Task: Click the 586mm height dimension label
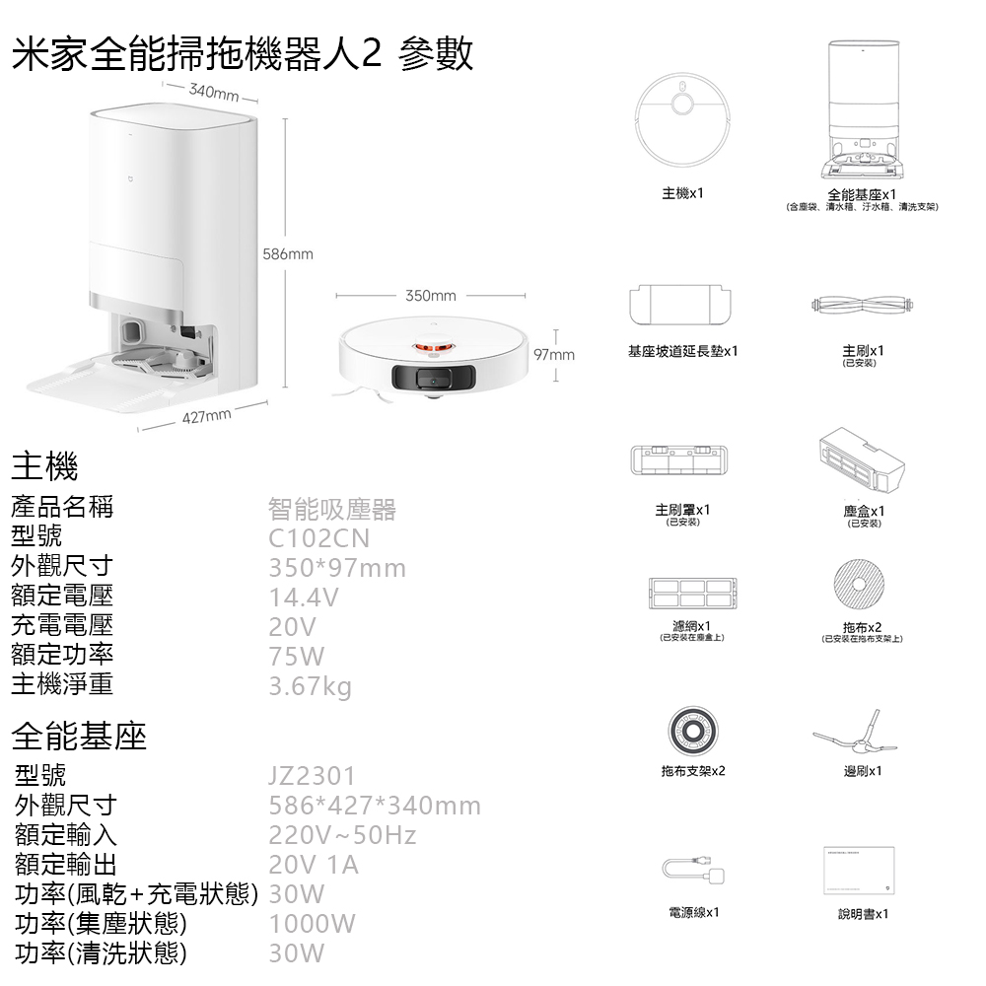point(287,254)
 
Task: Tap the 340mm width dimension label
point(214,93)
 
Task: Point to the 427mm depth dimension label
point(207,416)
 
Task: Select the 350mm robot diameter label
point(431,296)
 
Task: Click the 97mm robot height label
point(554,355)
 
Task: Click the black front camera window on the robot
point(434,379)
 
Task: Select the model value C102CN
point(318,538)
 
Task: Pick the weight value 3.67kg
point(310,686)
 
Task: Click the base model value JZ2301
point(312,776)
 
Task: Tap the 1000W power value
point(312,924)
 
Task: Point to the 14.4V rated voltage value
point(304,598)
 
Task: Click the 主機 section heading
point(44,466)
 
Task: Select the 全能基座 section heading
point(79,736)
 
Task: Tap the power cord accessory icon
point(693,870)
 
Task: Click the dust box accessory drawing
point(862,460)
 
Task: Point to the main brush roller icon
point(862,305)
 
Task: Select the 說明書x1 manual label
point(863,914)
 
